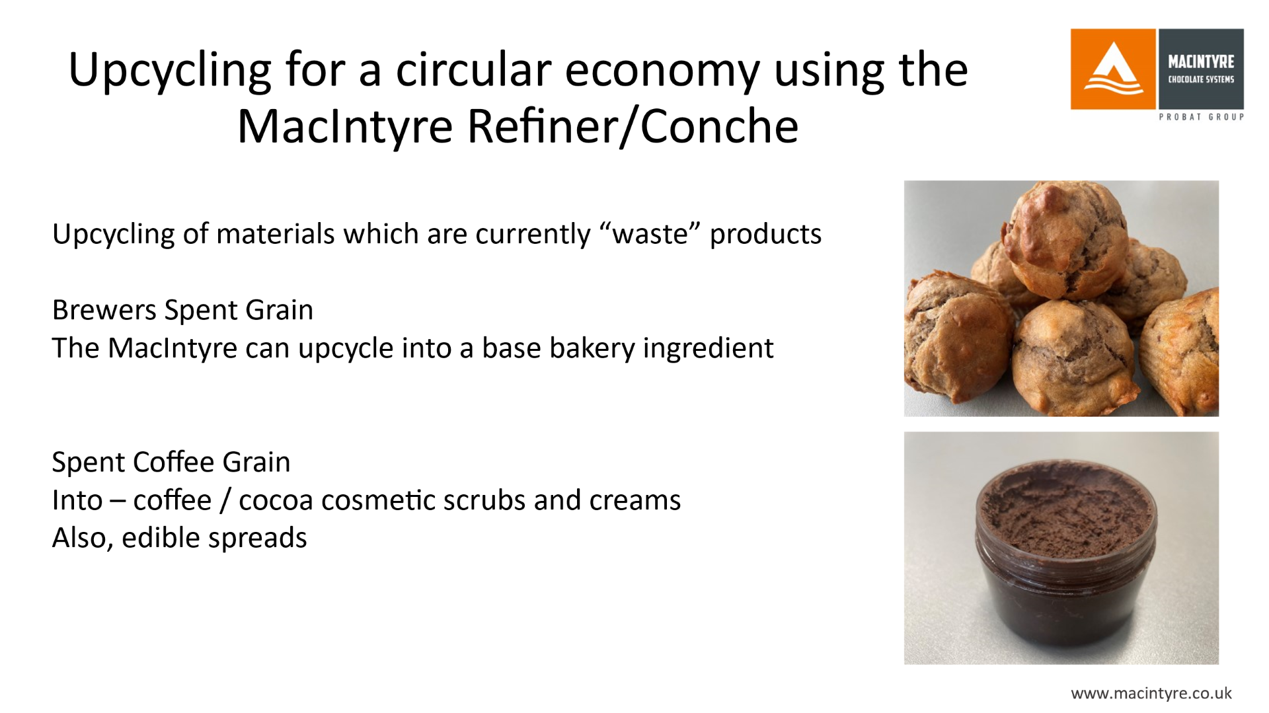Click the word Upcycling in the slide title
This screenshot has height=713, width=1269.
point(170,71)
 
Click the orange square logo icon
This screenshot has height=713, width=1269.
point(1113,69)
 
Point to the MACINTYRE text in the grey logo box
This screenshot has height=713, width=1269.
point(1201,61)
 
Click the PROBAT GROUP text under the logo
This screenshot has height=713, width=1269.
point(1202,117)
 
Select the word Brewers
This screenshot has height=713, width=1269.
point(104,310)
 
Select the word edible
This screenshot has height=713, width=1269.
point(161,538)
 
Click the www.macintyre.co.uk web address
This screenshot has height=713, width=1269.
point(1151,693)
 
